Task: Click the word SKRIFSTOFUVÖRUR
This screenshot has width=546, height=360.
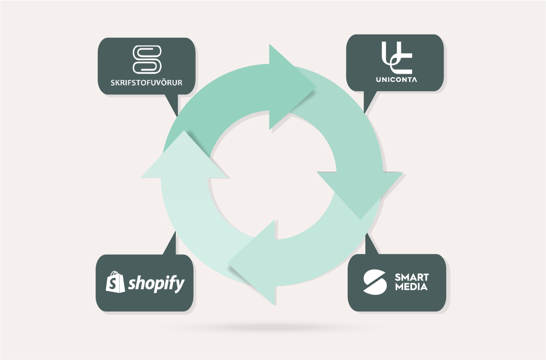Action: (x=147, y=83)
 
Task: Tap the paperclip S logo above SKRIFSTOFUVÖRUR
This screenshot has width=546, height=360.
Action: (x=147, y=59)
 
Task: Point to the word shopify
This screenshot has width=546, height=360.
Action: (x=156, y=284)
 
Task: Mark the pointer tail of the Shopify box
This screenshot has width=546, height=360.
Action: (x=171, y=243)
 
